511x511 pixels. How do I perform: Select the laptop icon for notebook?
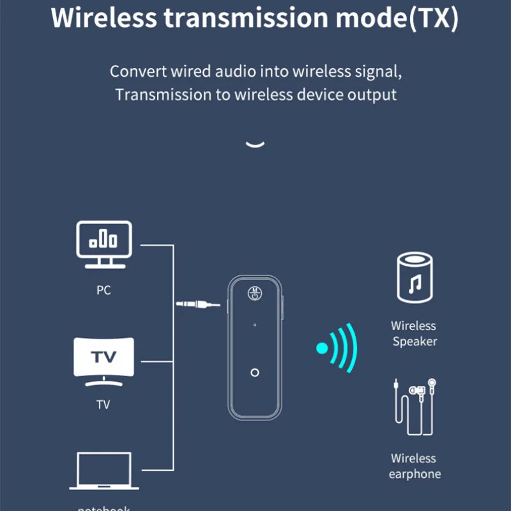click(103, 471)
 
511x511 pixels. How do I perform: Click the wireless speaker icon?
click(415, 277)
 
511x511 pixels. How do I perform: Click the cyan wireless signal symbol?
click(337, 348)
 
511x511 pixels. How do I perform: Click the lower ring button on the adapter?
click(255, 372)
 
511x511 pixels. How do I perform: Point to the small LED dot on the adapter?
click(255, 325)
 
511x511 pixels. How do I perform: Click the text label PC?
click(103, 290)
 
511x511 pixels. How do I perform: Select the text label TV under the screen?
click(103, 404)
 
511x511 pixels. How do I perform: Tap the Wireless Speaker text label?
click(415, 333)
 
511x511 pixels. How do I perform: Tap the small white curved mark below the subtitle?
click(255, 144)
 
